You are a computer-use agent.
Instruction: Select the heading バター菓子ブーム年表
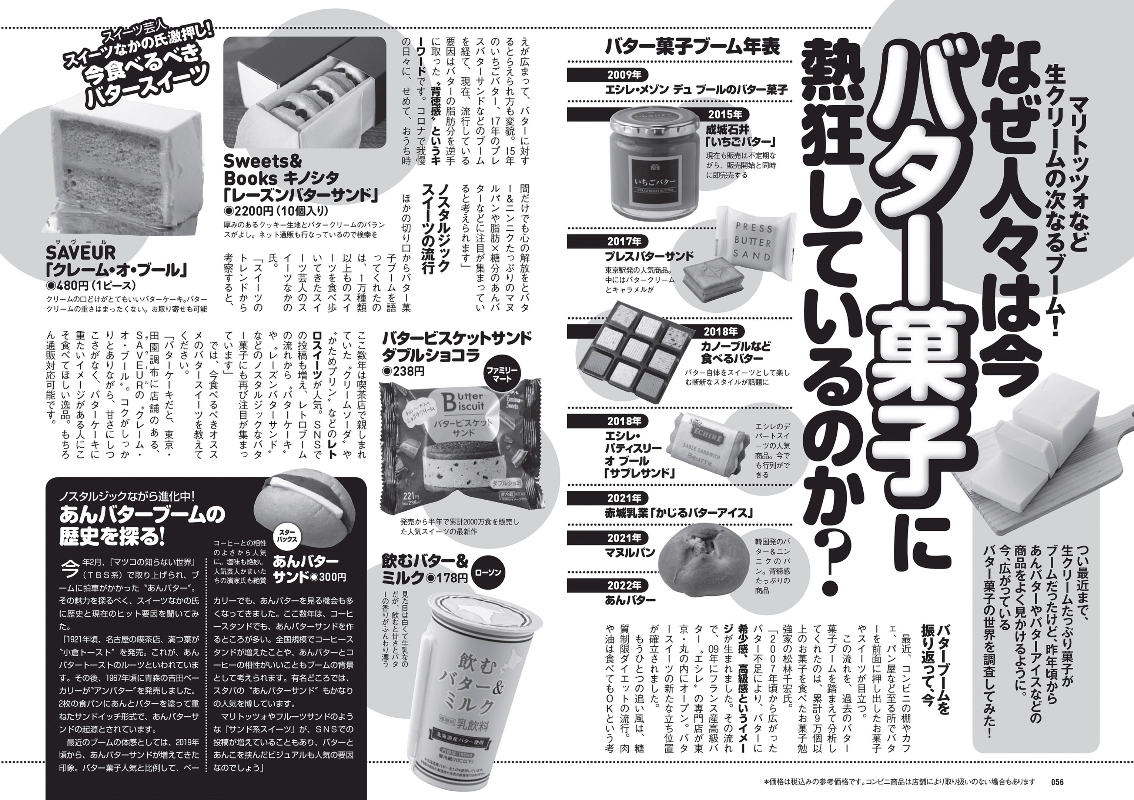click(692, 47)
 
